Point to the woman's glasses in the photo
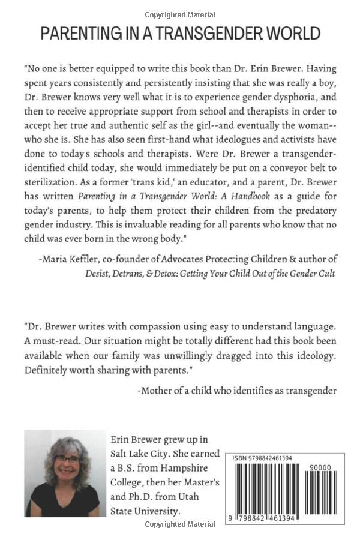click(68, 459)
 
